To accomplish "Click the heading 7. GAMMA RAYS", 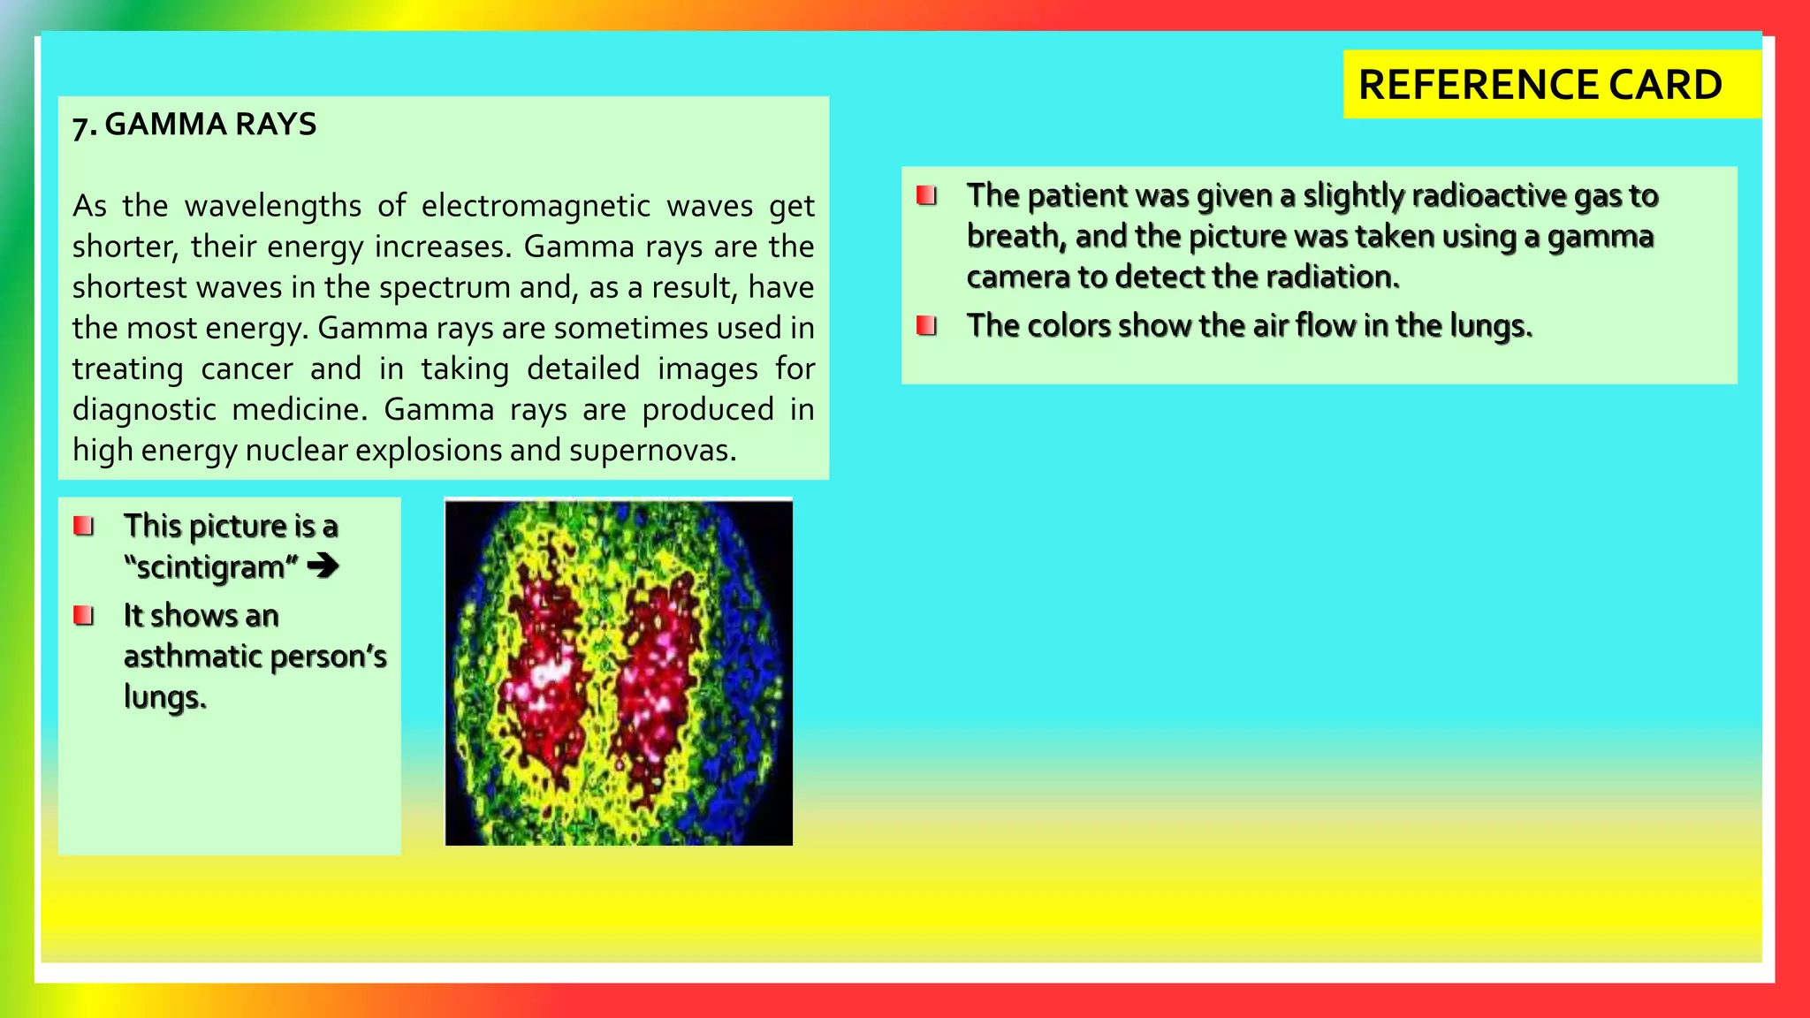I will [194, 125].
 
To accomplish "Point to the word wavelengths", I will [273, 206].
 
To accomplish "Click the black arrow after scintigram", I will [323, 566].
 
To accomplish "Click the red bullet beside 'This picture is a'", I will [84, 527].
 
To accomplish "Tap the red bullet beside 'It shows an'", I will [84, 615].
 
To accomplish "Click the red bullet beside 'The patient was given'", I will [926, 195].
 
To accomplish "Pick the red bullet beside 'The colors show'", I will [926, 326].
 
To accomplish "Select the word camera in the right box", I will [1018, 277].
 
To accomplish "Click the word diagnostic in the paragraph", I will [143, 410].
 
